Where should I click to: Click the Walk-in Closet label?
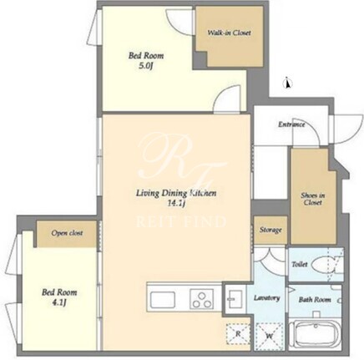(x=229, y=33)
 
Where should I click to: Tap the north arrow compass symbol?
(x=288, y=83)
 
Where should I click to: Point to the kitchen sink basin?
(x=163, y=300)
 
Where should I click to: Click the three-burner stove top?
(x=202, y=299)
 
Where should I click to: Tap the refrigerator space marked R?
(x=238, y=333)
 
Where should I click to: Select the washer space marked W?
(x=269, y=335)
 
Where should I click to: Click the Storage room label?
(x=270, y=230)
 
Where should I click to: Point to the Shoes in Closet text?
(x=313, y=199)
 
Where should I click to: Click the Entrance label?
(x=291, y=124)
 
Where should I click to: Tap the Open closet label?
(x=67, y=233)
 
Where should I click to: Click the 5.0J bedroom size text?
(x=146, y=67)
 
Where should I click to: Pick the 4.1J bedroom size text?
(x=59, y=302)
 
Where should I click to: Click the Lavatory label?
(x=266, y=298)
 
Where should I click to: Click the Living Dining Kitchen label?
(x=176, y=193)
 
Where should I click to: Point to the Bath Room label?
(x=315, y=300)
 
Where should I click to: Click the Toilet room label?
(x=300, y=264)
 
